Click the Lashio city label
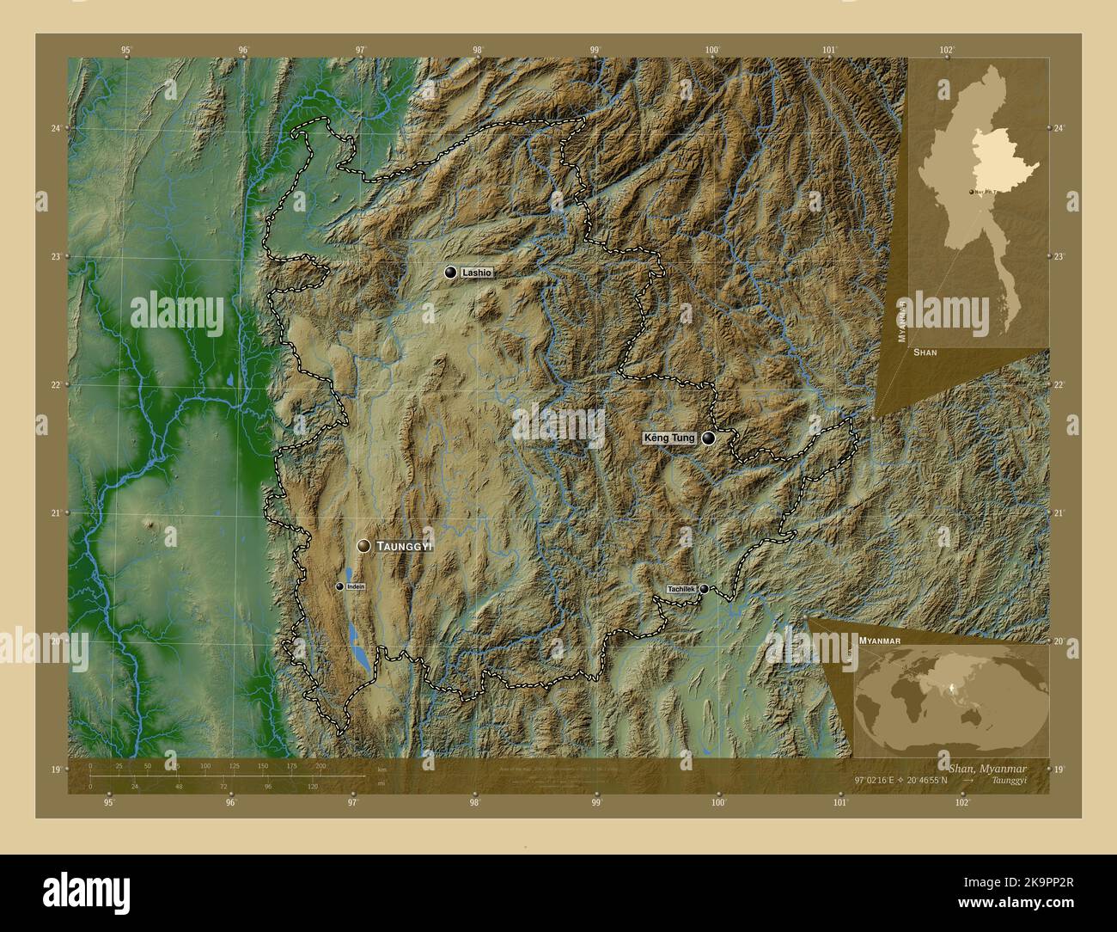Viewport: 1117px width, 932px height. pos(477,273)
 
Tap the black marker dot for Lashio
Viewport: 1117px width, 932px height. pos(450,273)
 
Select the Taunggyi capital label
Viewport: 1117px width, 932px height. pos(405,546)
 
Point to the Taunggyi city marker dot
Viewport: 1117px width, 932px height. pos(364,546)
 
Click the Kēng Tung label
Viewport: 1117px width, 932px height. pos(669,438)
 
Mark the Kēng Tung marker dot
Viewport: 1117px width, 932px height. pos(708,438)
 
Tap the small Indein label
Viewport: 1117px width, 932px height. pos(356,586)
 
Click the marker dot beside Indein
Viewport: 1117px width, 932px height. pos(340,586)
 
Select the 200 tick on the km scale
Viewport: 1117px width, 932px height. pos(320,765)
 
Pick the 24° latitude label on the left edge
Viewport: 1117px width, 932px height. pos(56,128)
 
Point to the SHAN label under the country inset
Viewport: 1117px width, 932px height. pos(925,353)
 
